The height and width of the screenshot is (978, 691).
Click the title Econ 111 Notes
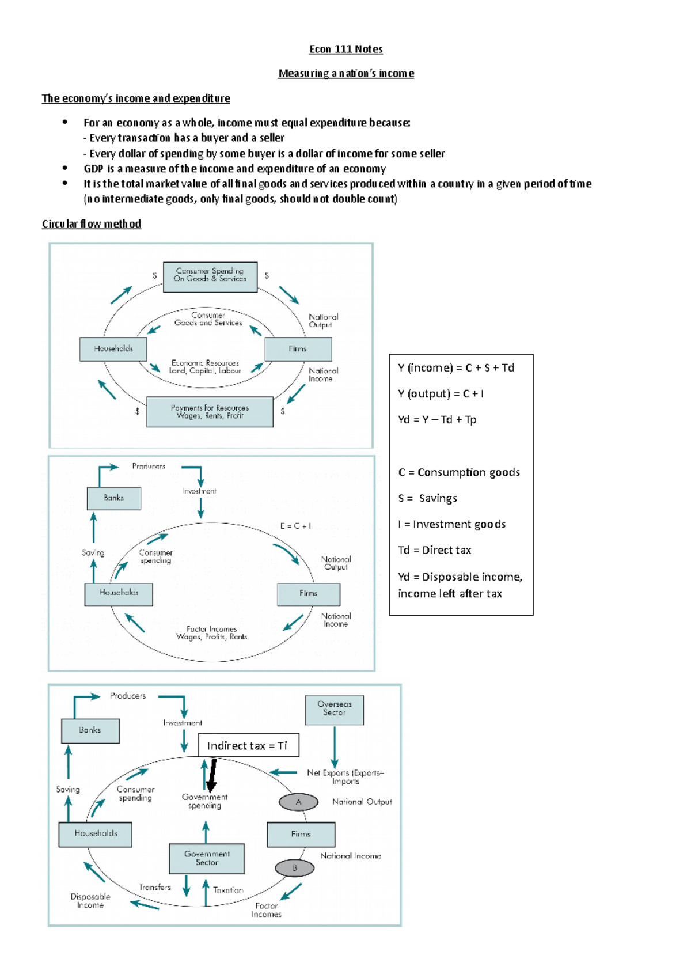coord(345,49)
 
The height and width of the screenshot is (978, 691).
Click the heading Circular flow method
coord(91,223)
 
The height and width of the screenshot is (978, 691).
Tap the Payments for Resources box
coord(210,412)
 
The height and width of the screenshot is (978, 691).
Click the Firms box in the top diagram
coord(298,349)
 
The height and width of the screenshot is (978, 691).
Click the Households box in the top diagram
coord(113,349)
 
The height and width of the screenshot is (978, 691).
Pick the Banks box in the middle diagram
coord(114,498)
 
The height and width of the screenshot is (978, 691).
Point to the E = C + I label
coord(295,526)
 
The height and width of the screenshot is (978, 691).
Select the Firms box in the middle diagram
coord(308,594)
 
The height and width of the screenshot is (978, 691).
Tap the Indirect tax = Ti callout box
coord(248,745)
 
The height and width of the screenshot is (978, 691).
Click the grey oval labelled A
coord(298,802)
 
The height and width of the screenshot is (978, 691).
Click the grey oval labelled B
coord(294,868)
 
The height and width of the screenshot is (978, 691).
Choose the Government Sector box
coord(207,858)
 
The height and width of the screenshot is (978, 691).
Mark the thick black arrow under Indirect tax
coord(212,775)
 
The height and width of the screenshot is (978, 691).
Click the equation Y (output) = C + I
coord(441,394)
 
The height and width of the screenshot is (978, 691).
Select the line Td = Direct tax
coord(434,550)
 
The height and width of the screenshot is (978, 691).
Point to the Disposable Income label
coord(90,901)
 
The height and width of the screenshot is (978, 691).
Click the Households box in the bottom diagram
coord(96,834)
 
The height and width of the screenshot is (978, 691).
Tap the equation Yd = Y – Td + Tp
coord(437,420)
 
